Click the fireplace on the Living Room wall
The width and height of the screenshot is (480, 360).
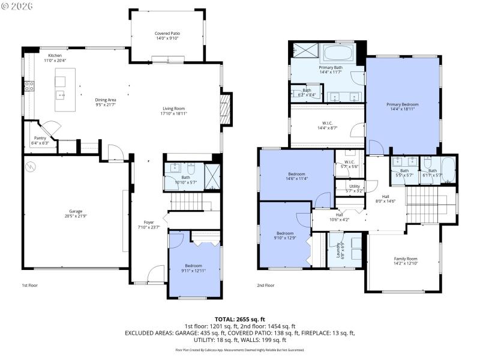226,109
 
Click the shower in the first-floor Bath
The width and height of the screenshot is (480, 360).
213,176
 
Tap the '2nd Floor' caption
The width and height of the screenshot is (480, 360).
265,286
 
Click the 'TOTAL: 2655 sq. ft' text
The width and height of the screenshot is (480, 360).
239,319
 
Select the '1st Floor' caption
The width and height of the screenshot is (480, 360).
29,286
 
